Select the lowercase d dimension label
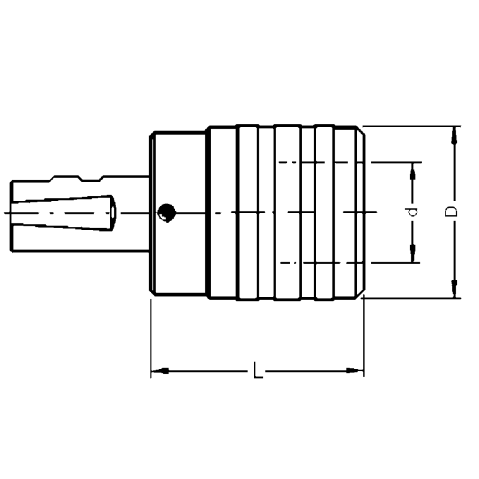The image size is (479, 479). click(x=411, y=212)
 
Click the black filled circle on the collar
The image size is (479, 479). click(x=166, y=212)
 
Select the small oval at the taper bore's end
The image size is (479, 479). click(x=113, y=213)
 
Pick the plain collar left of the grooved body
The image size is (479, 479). click(x=178, y=180)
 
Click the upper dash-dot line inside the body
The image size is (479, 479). click(x=323, y=162)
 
